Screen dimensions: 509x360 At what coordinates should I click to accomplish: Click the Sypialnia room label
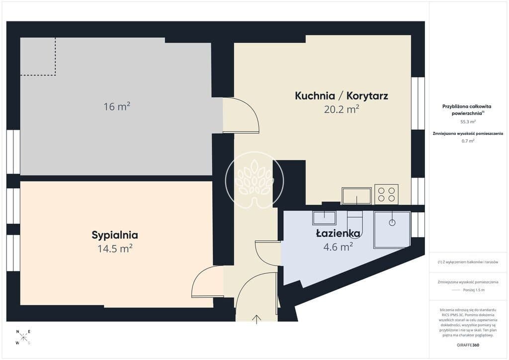click(115, 235)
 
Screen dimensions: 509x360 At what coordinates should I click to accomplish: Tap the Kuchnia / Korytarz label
click(341, 96)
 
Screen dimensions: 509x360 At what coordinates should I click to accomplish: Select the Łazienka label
click(338, 233)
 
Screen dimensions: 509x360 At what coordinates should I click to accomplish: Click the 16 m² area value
click(117, 106)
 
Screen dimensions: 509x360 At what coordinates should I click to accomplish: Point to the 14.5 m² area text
click(115, 249)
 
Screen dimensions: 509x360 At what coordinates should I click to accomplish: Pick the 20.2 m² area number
click(341, 109)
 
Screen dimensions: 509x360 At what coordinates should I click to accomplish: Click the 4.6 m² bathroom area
click(338, 247)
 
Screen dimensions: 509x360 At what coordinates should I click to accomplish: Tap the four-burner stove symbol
click(386, 194)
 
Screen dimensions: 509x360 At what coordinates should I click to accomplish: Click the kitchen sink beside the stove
click(356, 196)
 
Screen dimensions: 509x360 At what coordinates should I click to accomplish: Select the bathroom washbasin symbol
click(324, 218)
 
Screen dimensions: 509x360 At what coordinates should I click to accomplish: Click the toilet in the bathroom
click(354, 220)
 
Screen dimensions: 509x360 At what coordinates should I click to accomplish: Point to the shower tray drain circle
click(392, 223)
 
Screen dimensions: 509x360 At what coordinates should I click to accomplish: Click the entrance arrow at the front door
click(257, 319)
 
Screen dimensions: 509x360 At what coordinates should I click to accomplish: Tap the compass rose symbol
click(23, 337)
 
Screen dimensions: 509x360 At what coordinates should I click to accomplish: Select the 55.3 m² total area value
click(468, 122)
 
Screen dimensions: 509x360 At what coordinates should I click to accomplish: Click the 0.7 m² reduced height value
click(468, 141)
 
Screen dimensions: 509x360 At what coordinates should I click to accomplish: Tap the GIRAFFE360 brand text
click(468, 345)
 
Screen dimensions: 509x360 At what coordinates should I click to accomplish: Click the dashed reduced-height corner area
click(38, 57)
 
